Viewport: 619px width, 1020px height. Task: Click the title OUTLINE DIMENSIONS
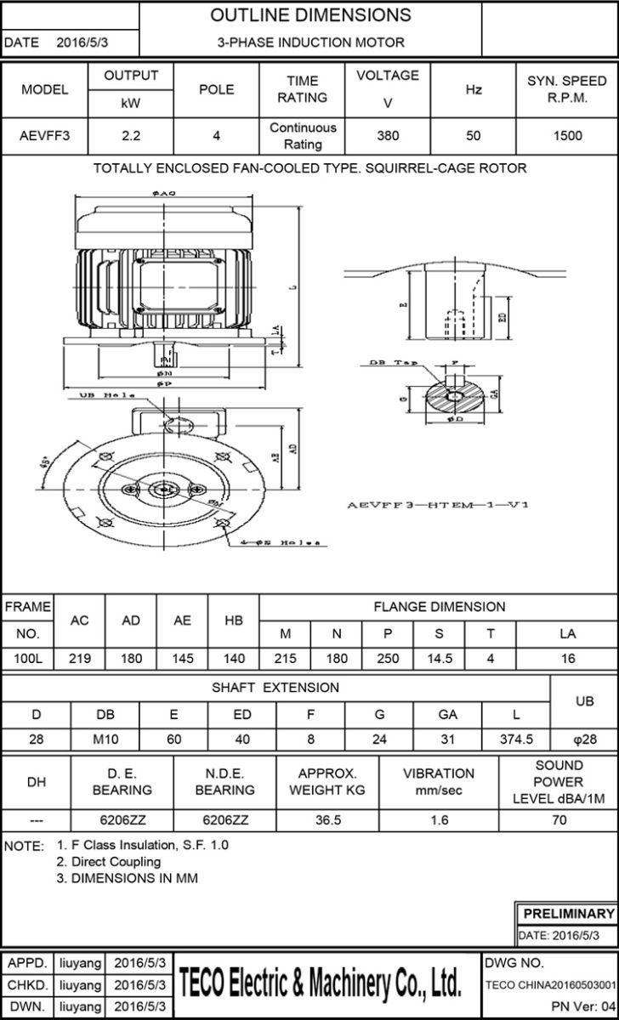tap(310, 15)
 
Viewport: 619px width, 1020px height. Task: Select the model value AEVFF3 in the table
tap(44, 135)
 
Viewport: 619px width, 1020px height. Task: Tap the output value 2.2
tap(131, 135)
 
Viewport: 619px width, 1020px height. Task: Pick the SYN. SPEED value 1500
tap(567, 135)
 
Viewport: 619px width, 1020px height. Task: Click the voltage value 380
tap(388, 135)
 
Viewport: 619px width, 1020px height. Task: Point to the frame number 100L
tap(27, 658)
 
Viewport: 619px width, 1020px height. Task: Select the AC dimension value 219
tap(79, 658)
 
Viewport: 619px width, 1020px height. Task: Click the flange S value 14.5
tap(439, 658)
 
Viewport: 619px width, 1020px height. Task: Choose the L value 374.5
tap(516, 739)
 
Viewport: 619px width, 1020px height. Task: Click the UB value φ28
tap(585, 739)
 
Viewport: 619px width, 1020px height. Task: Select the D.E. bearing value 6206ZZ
tap(122, 821)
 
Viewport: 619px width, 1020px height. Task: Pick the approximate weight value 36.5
tap(327, 821)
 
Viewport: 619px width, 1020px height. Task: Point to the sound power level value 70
tap(559, 821)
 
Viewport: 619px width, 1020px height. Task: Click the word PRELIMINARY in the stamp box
tap(568, 914)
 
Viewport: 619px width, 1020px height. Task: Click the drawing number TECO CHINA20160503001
tap(550, 985)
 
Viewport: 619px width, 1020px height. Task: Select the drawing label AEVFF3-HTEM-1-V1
tap(439, 505)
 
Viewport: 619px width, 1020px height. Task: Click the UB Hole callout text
tap(101, 396)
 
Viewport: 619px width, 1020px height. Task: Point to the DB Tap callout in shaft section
tap(387, 362)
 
